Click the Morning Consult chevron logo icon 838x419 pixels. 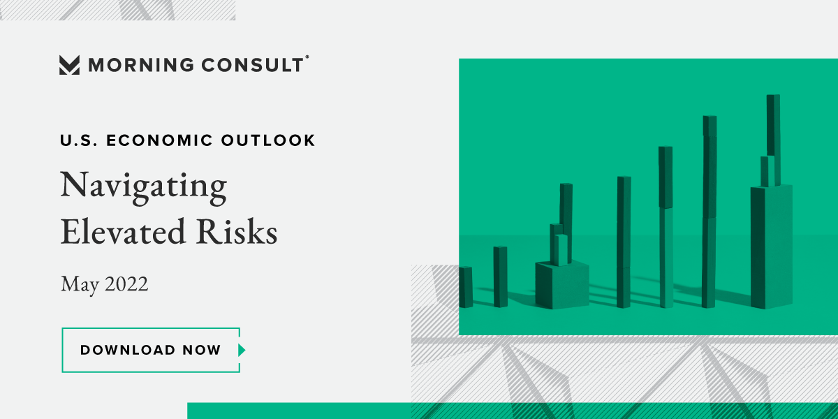coord(69,65)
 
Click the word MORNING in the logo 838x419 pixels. coord(141,65)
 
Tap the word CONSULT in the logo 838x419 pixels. coord(253,65)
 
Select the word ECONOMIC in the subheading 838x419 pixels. coord(160,140)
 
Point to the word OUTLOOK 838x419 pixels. coord(268,140)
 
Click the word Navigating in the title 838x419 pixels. coord(144,188)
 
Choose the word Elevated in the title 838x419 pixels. coord(123,232)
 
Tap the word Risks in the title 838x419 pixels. coord(237,232)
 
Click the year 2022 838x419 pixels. coord(126,284)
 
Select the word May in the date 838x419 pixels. coord(80,285)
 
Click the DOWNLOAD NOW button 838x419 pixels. coord(151,350)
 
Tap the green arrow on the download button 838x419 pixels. coord(242,350)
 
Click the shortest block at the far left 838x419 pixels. coord(466,287)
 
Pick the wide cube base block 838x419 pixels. coord(562,285)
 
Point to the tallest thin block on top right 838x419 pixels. coord(773,125)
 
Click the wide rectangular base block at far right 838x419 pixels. coord(772,247)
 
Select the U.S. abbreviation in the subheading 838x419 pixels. coord(78,140)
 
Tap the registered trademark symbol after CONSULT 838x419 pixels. coord(307,57)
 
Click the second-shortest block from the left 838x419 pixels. coord(500,277)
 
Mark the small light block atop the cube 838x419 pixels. coord(561,250)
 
